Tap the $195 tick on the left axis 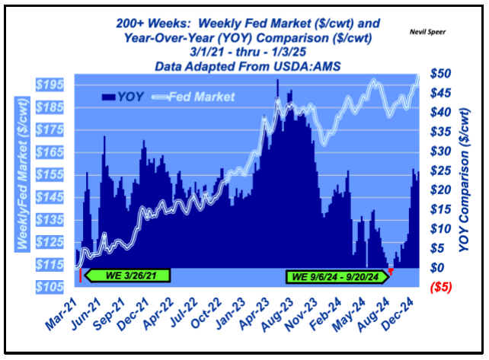click(x=55, y=82)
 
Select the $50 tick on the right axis click(x=445, y=73)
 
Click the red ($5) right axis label click(x=444, y=287)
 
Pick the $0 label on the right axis click(x=439, y=268)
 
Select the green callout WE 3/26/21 click(x=126, y=275)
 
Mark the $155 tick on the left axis click(x=55, y=174)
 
